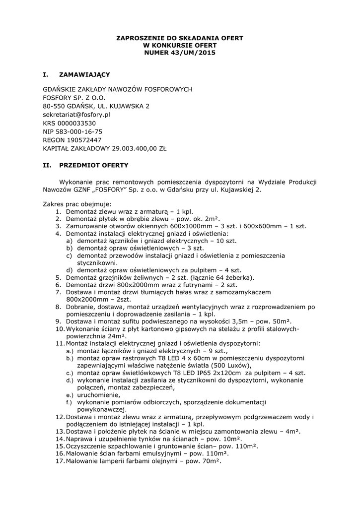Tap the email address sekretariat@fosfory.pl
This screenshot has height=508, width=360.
(x=76, y=115)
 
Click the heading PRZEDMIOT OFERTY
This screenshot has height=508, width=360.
(x=94, y=165)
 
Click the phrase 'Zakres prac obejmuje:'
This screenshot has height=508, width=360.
(x=77, y=204)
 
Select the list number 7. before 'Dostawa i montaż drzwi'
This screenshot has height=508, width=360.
(x=58, y=293)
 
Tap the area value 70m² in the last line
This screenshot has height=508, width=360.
(x=209, y=461)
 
